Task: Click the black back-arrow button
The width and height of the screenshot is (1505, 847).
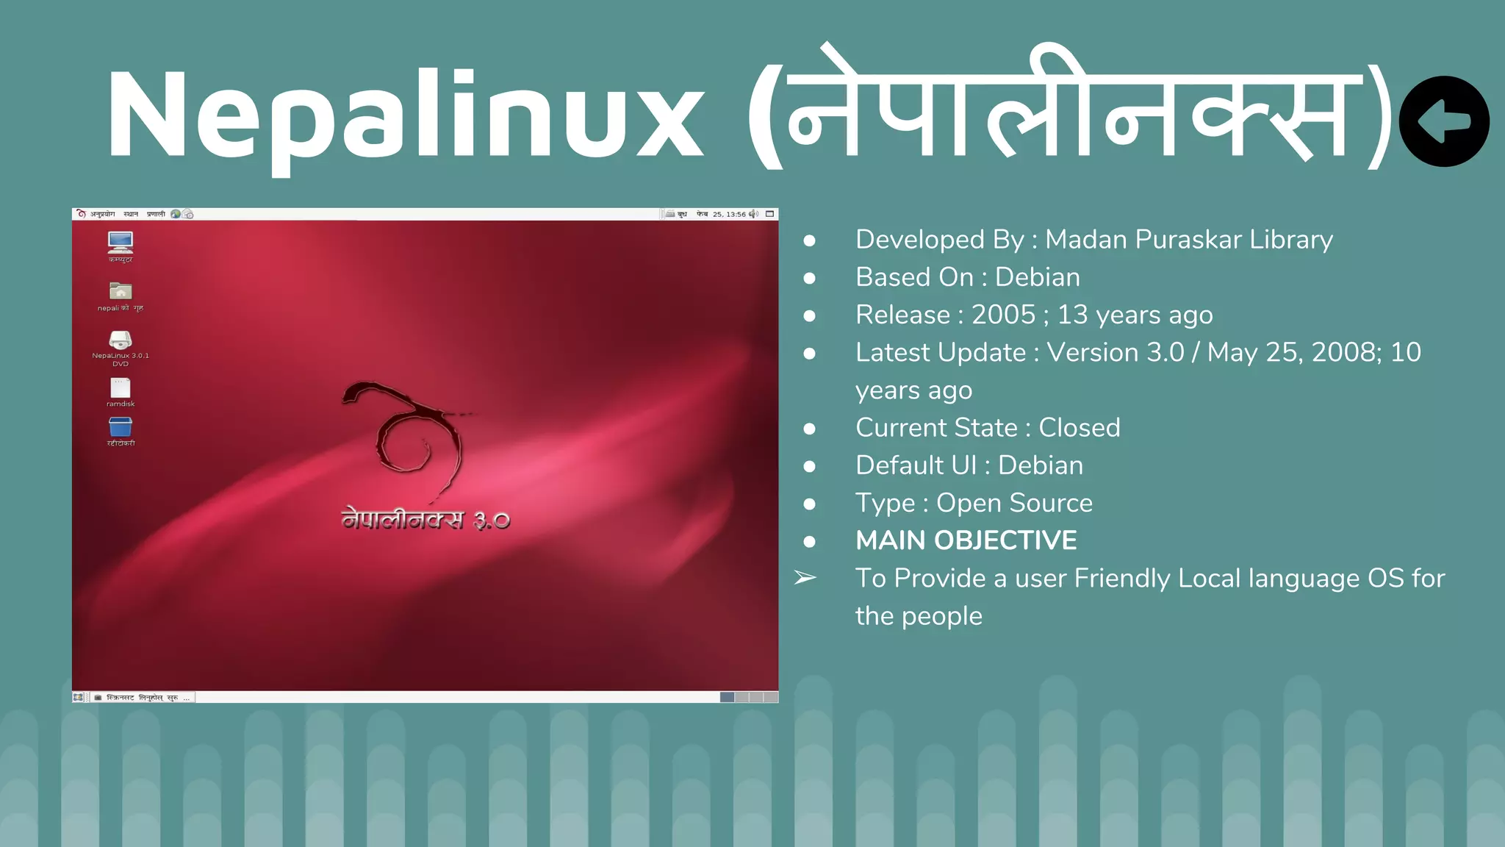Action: point(1443,121)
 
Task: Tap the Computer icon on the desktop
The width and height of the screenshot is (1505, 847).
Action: point(121,242)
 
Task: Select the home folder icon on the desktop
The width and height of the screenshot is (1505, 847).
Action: point(121,291)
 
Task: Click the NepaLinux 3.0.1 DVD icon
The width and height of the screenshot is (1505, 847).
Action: point(121,340)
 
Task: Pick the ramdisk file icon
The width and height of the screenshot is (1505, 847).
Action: point(121,388)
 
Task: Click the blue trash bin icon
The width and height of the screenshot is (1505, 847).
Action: point(121,427)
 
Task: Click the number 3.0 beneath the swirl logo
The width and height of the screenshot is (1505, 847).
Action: point(492,521)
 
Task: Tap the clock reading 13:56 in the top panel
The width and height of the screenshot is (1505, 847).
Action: point(736,215)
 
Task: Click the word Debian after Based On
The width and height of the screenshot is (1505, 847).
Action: point(1037,277)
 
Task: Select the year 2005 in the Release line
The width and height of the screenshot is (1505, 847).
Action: point(1003,315)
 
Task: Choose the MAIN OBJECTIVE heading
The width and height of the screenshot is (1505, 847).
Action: point(966,540)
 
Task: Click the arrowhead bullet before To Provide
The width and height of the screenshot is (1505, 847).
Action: point(805,578)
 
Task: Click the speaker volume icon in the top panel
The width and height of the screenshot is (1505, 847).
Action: point(753,215)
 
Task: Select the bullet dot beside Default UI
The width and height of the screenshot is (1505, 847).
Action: point(809,466)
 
